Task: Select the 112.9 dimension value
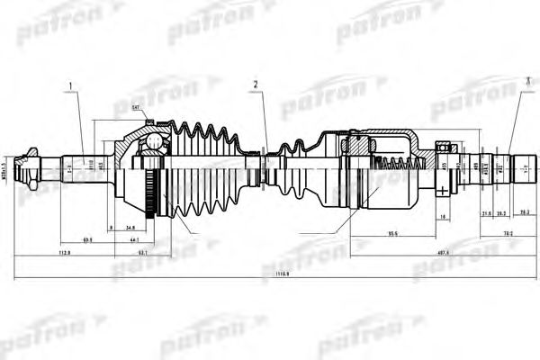pyautogui.click(x=61, y=254)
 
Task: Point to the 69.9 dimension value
pyautogui.click(x=88, y=241)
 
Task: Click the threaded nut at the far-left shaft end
pyautogui.click(x=32, y=168)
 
